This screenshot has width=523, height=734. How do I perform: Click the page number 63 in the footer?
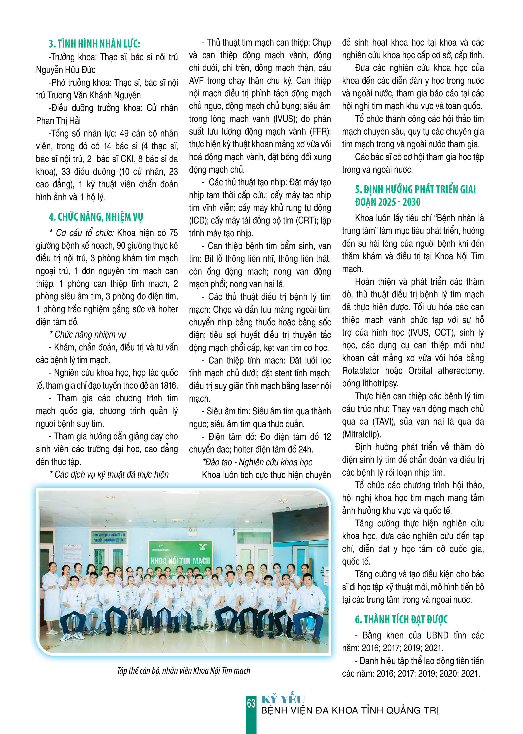[251, 703]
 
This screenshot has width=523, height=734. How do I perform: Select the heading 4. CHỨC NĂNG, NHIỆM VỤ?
[96, 217]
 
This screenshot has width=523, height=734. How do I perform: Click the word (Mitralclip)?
[361, 435]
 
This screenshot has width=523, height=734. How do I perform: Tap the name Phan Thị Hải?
[58, 121]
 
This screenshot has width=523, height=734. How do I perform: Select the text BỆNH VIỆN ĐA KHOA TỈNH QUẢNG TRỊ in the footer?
[350, 710]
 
